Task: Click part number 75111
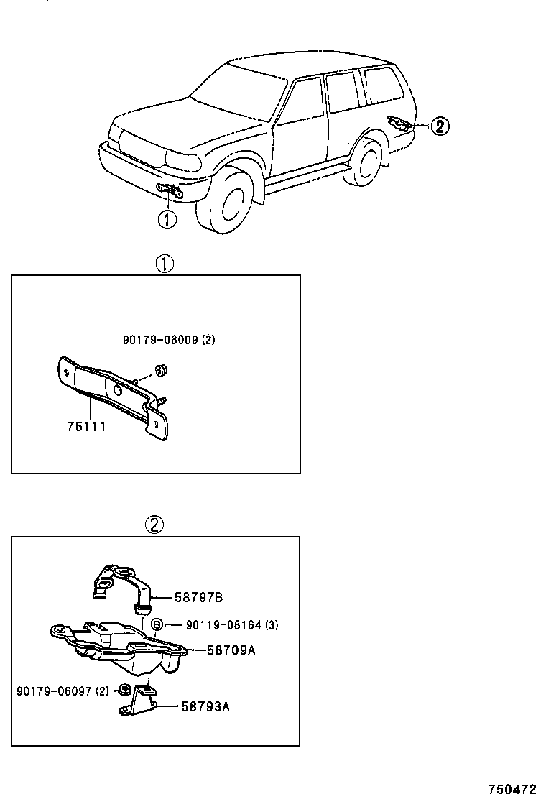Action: pos(85,427)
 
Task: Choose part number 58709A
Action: pos(231,650)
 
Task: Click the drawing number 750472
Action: pos(512,788)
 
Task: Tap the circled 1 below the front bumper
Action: pos(167,218)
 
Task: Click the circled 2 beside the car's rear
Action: pos(439,127)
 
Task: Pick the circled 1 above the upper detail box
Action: pos(165,264)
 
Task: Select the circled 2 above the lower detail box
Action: pos(154,525)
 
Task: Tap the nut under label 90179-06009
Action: pos(162,371)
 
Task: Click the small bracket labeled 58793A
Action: pos(141,703)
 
